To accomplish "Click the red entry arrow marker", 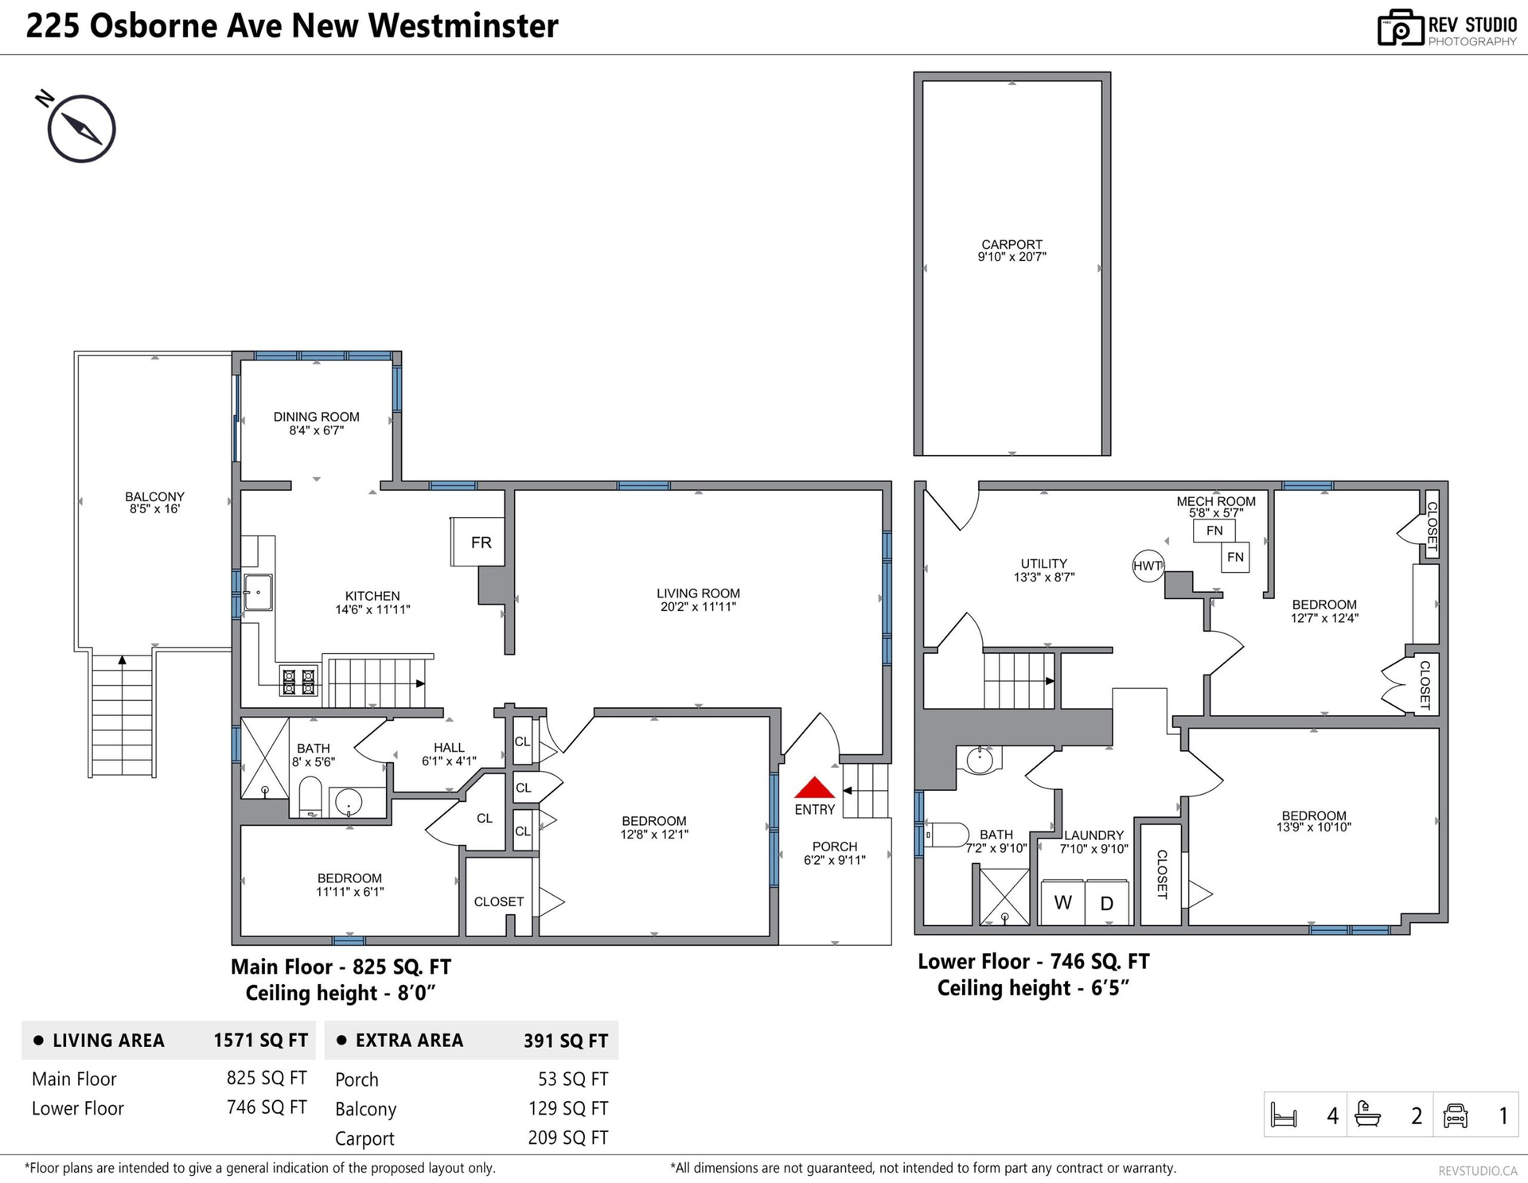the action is tap(815, 788).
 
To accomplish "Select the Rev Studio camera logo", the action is tap(1400, 28).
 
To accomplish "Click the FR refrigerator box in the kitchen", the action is tap(478, 542).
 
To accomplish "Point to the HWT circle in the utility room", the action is tap(1148, 566).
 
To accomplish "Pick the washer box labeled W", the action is tap(1062, 902).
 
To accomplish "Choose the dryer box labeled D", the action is tap(1106, 902).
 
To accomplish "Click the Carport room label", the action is tap(1012, 244).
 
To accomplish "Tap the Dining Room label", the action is tap(316, 417).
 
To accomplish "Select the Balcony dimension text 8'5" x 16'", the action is tap(154, 509).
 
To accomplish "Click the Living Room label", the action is tap(698, 593).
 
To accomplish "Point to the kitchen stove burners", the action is tap(298, 681).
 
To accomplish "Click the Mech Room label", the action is tap(1216, 501).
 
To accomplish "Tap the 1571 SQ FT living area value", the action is tap(260, 1041).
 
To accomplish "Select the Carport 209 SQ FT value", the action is tap(567, 1138).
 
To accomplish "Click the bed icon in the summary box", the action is tap(1284, 1115).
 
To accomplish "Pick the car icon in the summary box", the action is tap(1455, 1115).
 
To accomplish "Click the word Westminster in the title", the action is tap(463, 25).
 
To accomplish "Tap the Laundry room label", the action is tap(1093, 835).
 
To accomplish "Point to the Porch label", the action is tap(835, 846).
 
